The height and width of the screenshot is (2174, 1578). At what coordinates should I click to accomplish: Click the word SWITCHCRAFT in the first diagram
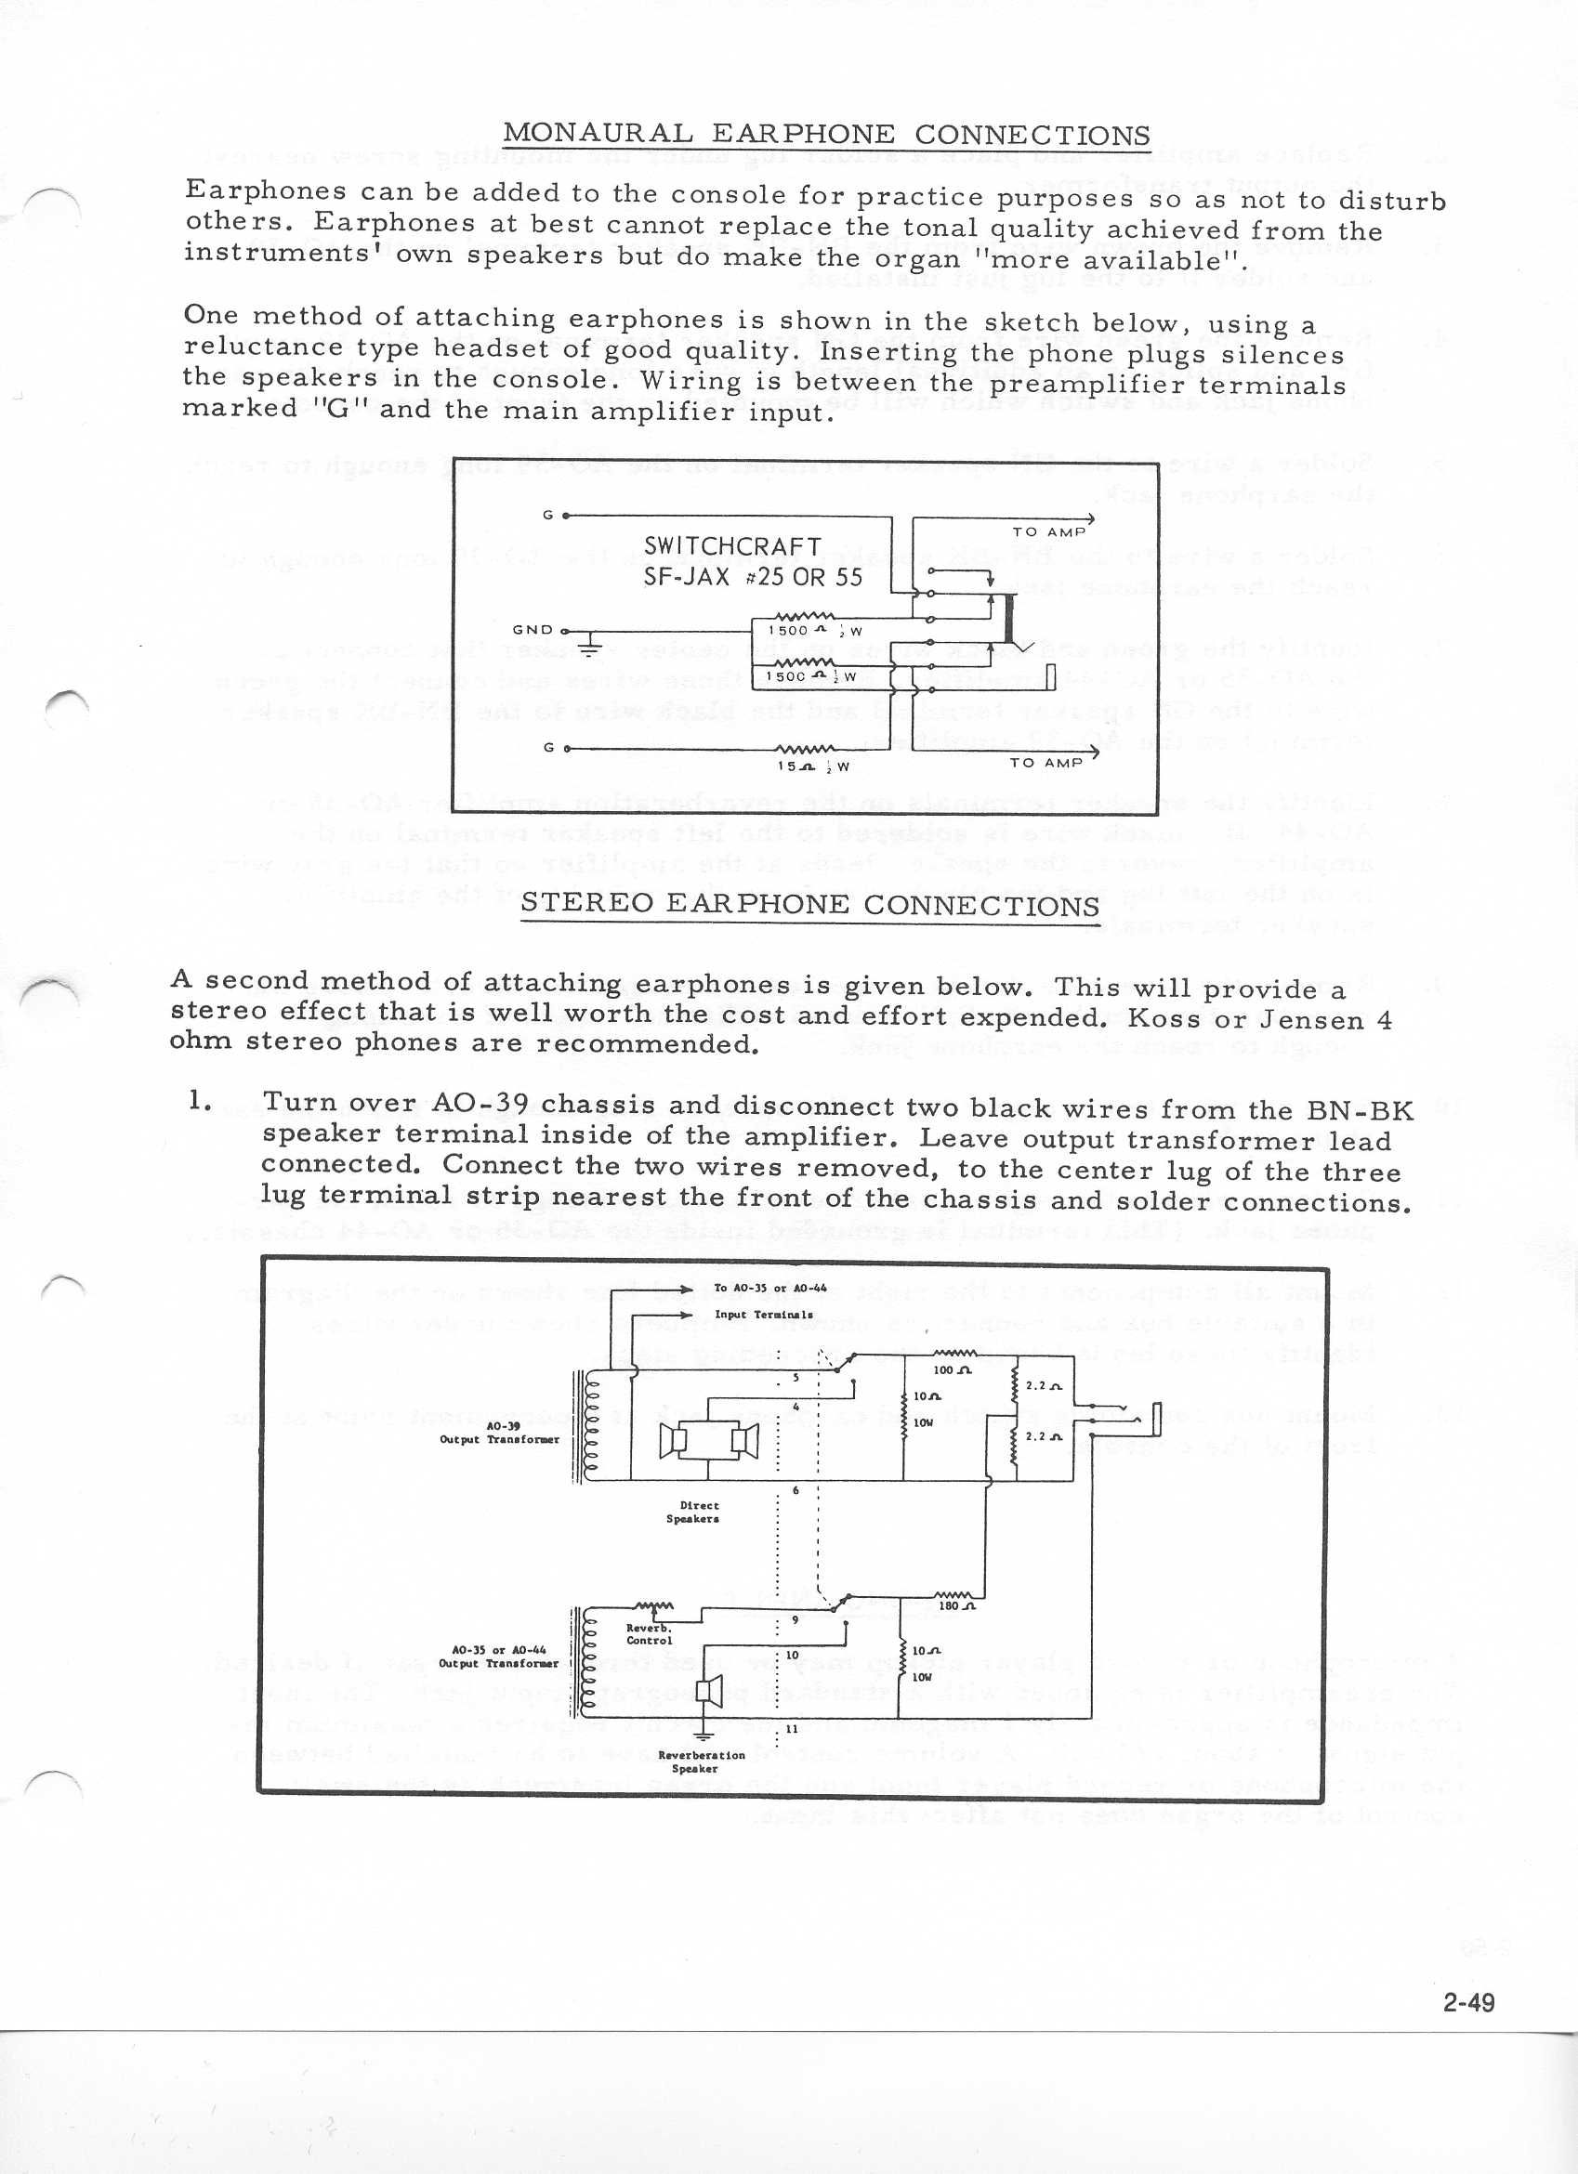point(732,545)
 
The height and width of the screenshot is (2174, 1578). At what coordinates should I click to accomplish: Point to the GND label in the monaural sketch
point(533,630)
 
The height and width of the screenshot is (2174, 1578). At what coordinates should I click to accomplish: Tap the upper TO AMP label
point(1049,531)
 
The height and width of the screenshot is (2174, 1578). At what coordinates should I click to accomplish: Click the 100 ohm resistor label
point(953,1370)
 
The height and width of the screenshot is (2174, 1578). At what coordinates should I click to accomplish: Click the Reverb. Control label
point(649,1633)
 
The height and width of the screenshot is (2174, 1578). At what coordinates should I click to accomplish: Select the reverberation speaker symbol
point(708,1689)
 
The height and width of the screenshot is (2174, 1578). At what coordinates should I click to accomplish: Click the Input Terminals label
point(763,1315)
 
